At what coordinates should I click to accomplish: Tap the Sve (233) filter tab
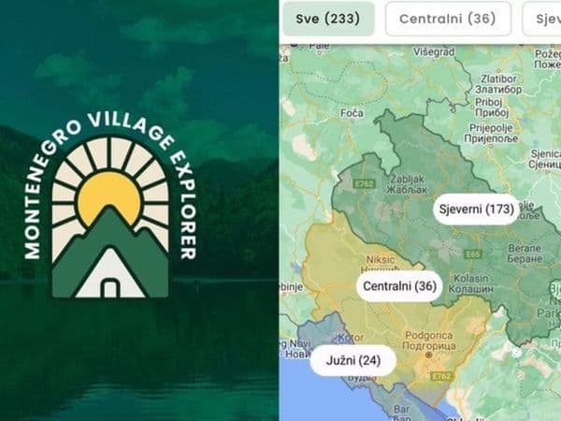click(327, 19)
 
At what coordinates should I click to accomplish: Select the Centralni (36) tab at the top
click(448, 19)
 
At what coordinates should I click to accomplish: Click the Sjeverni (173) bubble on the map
click(476, 209)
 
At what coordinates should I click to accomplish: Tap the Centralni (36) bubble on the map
click(399, 285)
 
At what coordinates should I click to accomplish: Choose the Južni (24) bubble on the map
click(353, 360)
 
